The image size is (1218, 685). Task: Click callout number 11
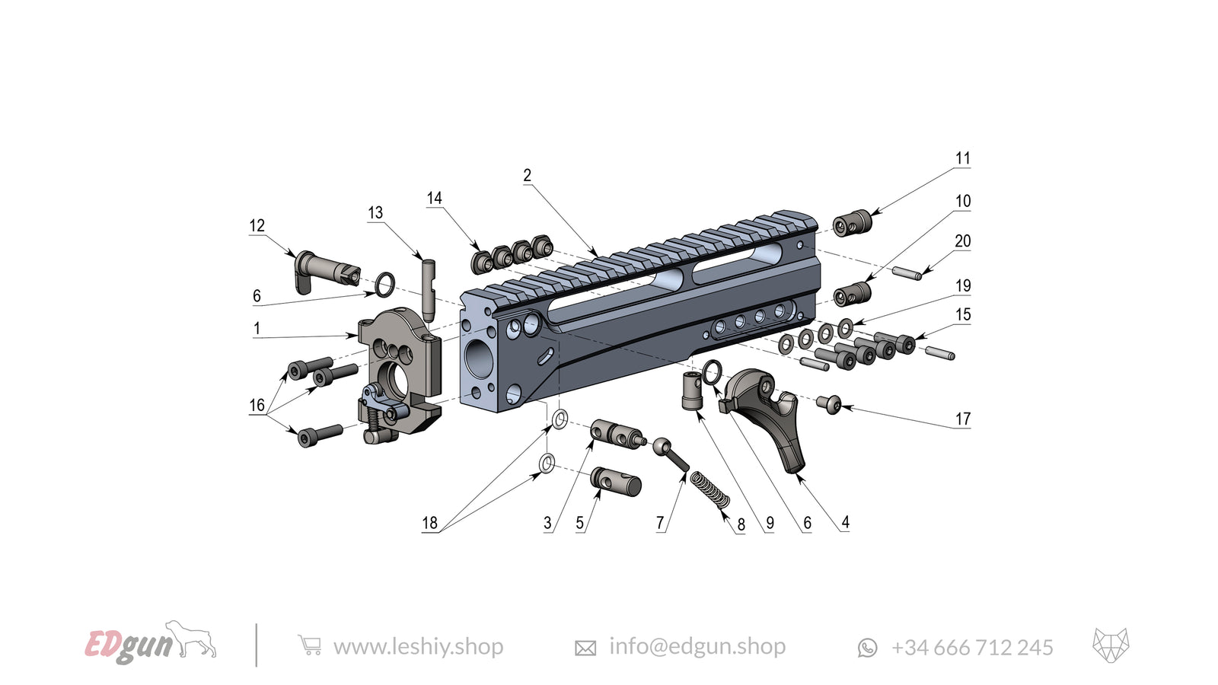pos(963,158)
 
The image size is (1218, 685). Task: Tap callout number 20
pos(963,241)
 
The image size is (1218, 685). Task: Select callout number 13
pos(375,213)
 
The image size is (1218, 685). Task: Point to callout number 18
pos(429,523)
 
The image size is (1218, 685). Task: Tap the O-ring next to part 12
pos(385,285)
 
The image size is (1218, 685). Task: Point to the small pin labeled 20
pos(907,271)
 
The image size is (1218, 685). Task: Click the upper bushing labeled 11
pos(851,223)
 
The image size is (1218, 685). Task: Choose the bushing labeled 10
pos(853,293)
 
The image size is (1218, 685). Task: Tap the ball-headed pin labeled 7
pos(670,454)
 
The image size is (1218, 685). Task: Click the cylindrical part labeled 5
pos(617,481)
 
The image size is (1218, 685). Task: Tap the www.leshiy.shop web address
pos(418,647)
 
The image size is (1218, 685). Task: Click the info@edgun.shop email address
pos(697,647)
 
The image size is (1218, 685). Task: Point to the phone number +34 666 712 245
pos(971,648)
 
